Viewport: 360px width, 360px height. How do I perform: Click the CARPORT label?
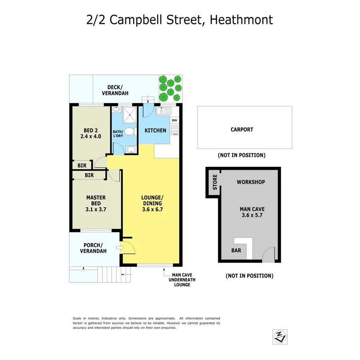(x=242, y=130)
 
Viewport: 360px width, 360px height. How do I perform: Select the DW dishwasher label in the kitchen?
(x=174, y=120)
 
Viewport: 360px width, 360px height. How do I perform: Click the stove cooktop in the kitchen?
(x=174, y=130)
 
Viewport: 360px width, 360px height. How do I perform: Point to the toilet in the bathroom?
(x=129, y=131)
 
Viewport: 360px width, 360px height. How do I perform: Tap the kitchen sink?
(x=164, y=110)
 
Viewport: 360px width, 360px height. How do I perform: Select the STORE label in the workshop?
(x=215, y=182)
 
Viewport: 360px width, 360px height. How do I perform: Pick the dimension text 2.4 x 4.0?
(x=90, y=136)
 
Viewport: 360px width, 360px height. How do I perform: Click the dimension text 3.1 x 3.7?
(x=96, y=209)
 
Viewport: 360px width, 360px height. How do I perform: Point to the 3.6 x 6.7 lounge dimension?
(x=152, y=209)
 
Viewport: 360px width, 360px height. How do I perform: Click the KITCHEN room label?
(x=155, y=130)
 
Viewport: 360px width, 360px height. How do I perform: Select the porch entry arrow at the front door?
(x=119, y=248)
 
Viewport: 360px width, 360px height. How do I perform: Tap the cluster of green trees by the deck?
(x=170, y=88)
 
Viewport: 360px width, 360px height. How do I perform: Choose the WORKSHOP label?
(x=251, y=182)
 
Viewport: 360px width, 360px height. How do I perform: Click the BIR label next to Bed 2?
(x=81, y=165)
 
